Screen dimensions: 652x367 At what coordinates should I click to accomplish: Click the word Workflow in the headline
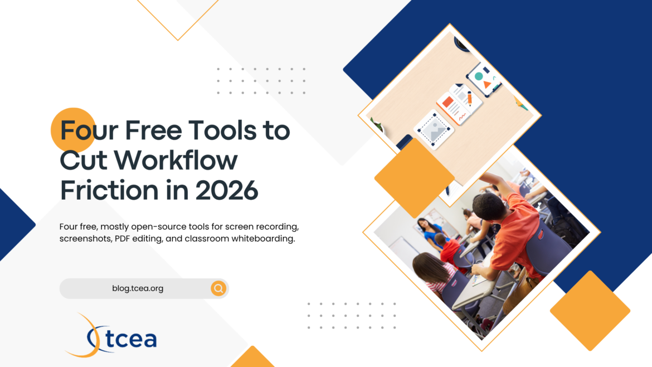176,160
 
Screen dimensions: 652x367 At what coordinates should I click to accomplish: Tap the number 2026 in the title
227,190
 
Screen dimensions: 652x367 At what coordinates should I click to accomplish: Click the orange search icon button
218,288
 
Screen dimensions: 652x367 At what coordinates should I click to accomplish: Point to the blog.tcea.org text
138,288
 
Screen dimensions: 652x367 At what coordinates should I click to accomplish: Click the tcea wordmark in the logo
130,339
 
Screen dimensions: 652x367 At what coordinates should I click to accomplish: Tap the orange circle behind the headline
73,130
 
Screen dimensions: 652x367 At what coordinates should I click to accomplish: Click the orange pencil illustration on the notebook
469,98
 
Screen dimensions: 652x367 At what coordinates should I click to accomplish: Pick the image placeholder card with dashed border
434,130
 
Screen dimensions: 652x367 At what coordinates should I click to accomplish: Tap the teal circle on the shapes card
479,76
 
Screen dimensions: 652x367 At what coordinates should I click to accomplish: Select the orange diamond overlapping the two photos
414,178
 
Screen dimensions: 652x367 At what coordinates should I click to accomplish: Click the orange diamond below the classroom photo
590,311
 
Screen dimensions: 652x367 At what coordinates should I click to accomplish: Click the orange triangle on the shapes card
487,85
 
